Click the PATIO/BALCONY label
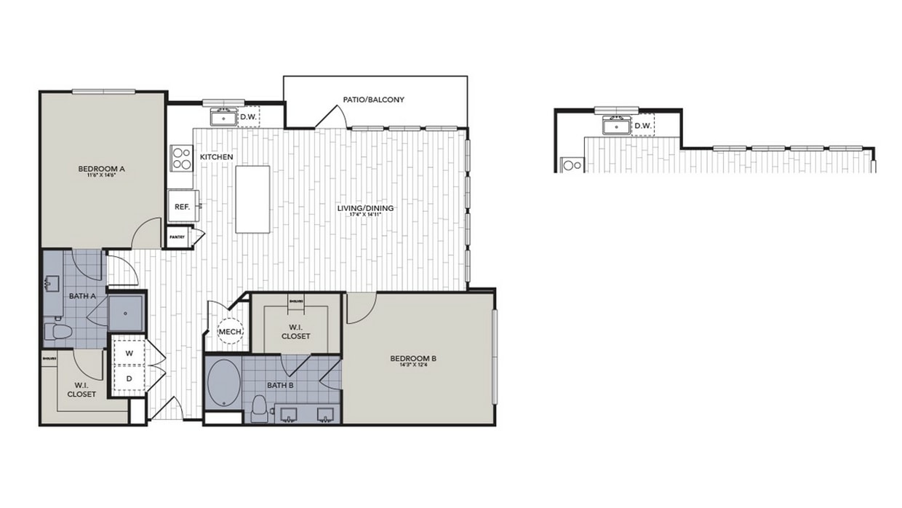[373, 100]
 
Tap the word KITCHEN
[216, 156]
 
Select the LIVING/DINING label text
[365, 208]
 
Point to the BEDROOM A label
[102, 169]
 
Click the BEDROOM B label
[412, 358]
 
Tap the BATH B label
[279, 385]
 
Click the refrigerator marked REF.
[182, 207]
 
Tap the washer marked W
[129, 353]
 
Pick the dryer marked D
[129, 378]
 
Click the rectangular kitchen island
[252, 199]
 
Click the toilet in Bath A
[58, 332]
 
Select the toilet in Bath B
[257, 409]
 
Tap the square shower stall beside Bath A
[127, 312]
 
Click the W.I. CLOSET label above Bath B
[295, 331]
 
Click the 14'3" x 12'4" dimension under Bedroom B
[412, 366]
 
